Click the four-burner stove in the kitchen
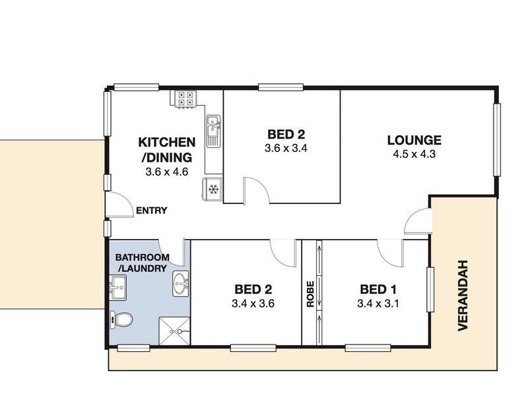[185, 98]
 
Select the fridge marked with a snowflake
[213, 189]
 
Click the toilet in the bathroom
[122, 319]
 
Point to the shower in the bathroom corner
[174, 330]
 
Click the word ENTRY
[151, 211]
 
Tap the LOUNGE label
[414, 140]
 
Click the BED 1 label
[378, 289]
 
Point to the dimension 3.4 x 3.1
[378, 304]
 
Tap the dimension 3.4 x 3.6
[253, 304]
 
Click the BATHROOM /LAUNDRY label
[141, 263]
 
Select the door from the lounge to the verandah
[418, 221]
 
